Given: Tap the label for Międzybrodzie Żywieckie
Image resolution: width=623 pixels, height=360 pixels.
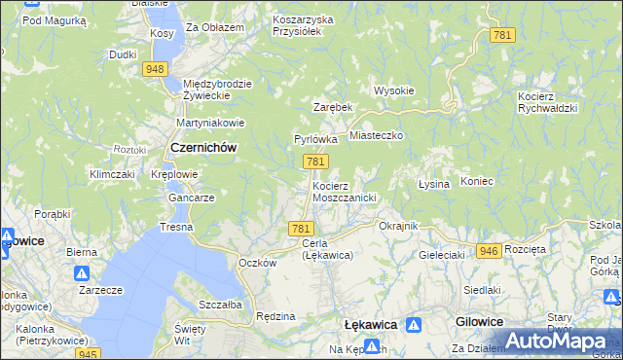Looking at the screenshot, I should tap(217, 90).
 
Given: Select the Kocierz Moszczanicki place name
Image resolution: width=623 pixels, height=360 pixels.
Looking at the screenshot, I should tap(344, 191).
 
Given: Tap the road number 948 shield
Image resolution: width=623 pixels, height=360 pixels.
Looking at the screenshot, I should tap(155, 69).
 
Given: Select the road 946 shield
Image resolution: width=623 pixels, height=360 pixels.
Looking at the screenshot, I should tap(489, 251).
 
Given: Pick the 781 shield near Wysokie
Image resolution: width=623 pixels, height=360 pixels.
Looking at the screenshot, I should tap(502, 35).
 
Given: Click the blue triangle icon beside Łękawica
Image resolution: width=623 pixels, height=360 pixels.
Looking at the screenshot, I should tap(414, 324).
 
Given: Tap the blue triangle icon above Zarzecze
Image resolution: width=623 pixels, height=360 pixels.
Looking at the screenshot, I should tap(83, 274).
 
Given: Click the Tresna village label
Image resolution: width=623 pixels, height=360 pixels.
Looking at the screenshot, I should tap(177, 227).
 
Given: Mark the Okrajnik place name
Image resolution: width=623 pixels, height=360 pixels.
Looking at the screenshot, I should tap(397, 226).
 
